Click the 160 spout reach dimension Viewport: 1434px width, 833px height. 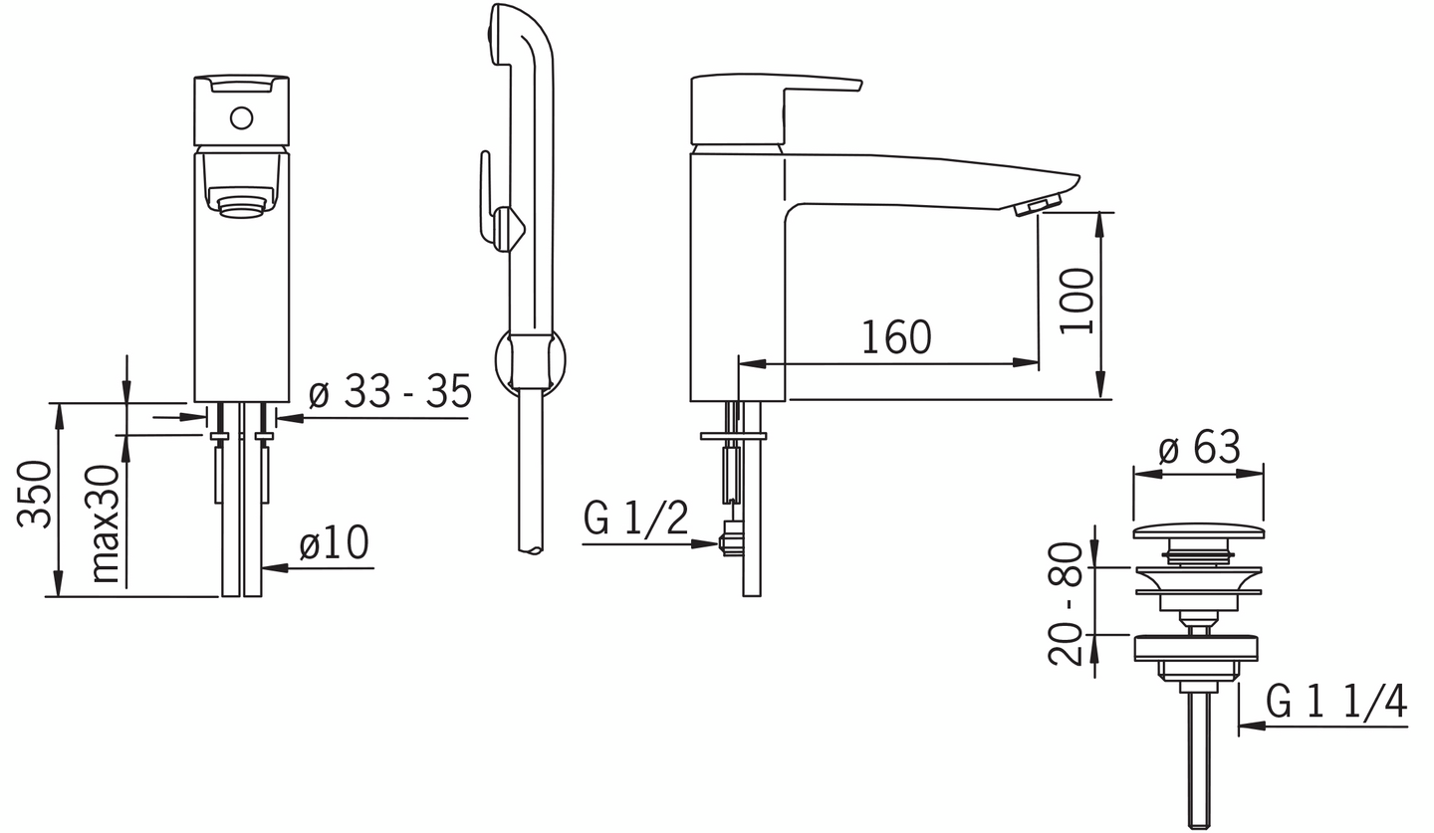coord(896,337)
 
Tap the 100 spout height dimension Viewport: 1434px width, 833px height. coord(1076,302)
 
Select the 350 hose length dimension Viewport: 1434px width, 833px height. coord(34,494)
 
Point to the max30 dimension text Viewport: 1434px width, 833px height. coord(106,523)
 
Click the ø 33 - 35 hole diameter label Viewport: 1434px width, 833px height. coord(390,391)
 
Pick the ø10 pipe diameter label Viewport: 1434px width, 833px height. coord(334,542)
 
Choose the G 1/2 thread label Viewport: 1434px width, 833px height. coord(635,518)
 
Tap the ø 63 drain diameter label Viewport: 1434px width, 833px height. coord(1199,446)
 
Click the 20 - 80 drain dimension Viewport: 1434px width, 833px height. coord(1066,604)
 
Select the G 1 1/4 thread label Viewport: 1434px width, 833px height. coord(1336,702)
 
